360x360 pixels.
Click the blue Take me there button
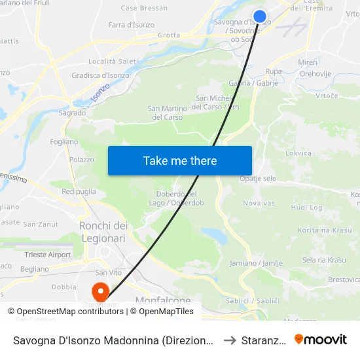(x=179, y=160)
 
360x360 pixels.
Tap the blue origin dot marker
(x=260, y=17)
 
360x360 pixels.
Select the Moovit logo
(x=321, y=340)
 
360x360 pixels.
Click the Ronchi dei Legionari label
(x=103, y=232)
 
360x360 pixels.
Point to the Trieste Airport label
(x=48, y=255)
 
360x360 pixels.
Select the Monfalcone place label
(x=163, y=300)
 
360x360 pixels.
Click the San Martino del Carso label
(x=166, y=113)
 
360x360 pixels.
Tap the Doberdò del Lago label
(x=176, y=198)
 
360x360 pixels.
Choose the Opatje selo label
(x=258, y=179)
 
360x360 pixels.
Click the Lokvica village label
(x=298, y=153)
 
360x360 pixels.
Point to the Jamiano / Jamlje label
(x=256, y=263)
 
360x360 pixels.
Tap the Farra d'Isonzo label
(x=132, y=25)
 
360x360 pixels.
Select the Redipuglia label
(x=79, y=192)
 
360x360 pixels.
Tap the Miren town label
(x=307, y=62)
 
